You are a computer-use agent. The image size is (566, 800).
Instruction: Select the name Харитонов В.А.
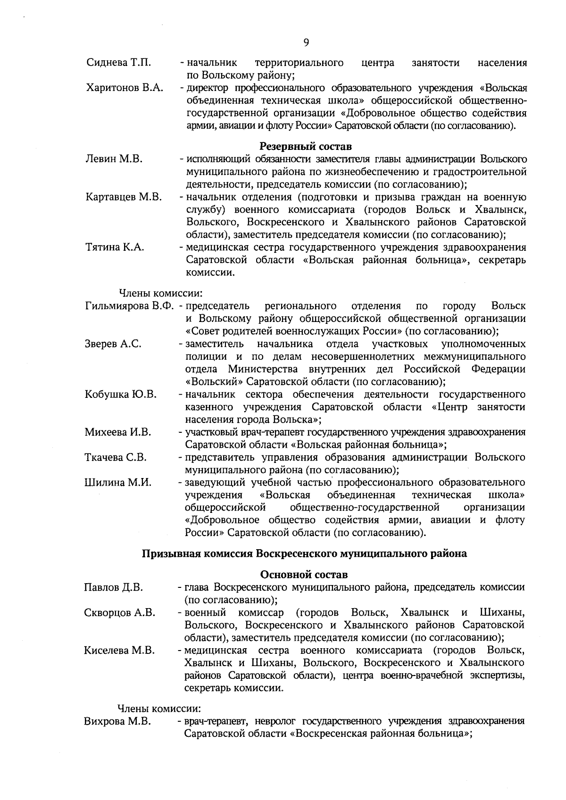(x=125, y=88)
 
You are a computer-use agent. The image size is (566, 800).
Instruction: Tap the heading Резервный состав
(x=306, y=147)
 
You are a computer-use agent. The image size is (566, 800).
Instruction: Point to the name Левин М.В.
(x=115, y=159)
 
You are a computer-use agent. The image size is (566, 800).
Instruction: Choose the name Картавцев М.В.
(x=124, y=197)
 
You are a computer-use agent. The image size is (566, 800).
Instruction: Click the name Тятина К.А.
(x=115, y=247)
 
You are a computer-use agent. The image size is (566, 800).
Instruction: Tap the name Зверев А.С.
(x=113, y=344)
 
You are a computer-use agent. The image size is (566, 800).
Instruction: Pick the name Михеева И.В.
(x=118, y=432)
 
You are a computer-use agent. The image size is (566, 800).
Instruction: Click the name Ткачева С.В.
(x=116, y=457)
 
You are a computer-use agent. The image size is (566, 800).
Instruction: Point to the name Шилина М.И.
(x=118, y=482)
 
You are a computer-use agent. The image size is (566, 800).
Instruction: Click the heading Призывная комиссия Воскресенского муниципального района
(x=305, y=553)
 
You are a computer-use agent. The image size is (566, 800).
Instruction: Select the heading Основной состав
(x=304, y=575)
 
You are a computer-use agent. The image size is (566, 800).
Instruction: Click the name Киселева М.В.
(x=119, y=651)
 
